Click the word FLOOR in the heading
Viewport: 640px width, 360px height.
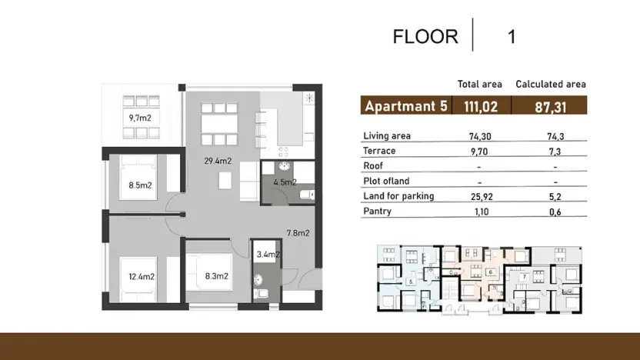(425, 36)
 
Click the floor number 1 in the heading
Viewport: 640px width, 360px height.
(512, 36)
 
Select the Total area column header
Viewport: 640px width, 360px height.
(479, 84)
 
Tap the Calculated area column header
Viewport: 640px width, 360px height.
(551, 84)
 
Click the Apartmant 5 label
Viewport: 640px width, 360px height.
(405, 106)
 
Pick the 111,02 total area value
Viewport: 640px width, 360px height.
(480, 107)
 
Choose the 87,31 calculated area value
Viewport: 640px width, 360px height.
(552, 107)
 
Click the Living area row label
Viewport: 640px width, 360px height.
(386, 136)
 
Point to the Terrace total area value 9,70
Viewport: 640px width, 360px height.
(480, 151)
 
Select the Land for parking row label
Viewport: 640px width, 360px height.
(398, 196)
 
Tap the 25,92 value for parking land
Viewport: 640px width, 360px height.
(480, 196)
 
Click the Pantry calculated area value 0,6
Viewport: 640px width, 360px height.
(555, 212)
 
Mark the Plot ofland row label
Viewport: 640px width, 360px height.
(386, 182)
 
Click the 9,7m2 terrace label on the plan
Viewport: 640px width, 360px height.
(141, 118)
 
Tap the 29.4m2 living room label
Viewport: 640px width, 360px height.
(218, 162)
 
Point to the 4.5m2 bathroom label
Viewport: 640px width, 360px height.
(285, 183)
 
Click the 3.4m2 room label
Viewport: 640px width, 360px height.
(268, 254)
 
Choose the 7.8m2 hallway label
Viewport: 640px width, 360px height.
(298, 232)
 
